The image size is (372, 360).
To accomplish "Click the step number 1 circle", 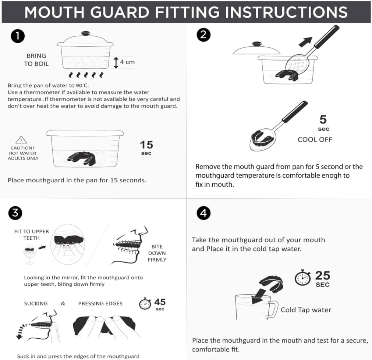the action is click(18, 36).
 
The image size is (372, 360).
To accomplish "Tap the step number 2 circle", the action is click(203, 35).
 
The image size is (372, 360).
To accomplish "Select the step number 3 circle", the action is click(15, 213).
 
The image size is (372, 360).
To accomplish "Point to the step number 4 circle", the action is click(203, 213).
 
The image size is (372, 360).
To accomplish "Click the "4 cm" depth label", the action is click(127, 62).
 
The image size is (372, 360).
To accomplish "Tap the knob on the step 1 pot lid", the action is click(86, 33).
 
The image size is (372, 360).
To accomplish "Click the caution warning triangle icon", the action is click(21, 140).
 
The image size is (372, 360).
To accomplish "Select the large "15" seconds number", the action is click(146, 145).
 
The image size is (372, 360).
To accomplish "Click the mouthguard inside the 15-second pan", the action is click(81, 158).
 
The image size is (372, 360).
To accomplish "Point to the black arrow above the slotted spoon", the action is click(305, 42).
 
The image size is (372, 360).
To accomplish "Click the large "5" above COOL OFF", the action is click(323, 119).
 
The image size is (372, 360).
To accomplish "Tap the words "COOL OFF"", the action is click(315, 139).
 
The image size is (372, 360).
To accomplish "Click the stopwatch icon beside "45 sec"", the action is click(145, 304).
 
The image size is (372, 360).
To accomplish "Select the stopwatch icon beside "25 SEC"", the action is click(302, 278).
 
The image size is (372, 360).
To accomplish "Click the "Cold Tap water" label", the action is click(306, 310).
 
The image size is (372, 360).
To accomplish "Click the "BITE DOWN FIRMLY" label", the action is click(157, 253).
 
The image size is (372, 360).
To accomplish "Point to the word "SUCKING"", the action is click(36, 304).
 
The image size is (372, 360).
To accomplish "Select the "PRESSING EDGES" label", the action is click(100, 304).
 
